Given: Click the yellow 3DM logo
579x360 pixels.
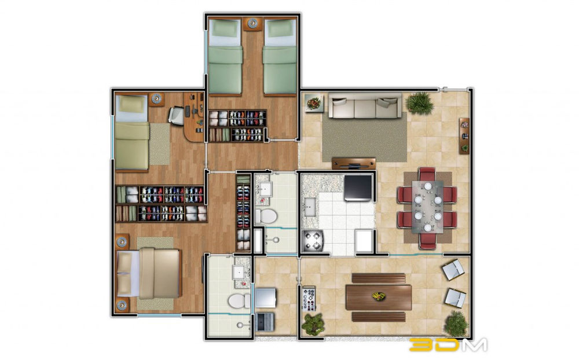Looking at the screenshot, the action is [448, 344].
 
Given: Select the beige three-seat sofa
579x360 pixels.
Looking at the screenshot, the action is [365, 105].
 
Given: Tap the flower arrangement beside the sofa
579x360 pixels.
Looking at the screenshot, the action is [314, 103].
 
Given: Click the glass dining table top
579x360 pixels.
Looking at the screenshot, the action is [428, 207].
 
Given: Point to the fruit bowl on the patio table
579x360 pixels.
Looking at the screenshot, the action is [379, 296].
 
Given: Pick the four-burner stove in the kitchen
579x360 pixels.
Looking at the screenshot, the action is [313, 241].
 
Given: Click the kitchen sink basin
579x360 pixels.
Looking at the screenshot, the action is [309, 207].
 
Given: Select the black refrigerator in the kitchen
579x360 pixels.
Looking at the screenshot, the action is [358, 188].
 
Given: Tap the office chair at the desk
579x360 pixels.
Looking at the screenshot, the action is [176, 114].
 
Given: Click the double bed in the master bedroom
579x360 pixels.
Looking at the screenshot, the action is [148, 274].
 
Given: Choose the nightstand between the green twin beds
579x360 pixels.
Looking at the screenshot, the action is [252, 24].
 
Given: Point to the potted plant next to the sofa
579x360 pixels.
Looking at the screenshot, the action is [419, 102].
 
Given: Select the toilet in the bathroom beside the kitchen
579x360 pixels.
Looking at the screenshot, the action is [266, 216].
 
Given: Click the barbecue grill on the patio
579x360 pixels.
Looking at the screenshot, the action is [309, 298].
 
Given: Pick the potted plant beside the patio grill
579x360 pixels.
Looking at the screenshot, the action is [313, 324].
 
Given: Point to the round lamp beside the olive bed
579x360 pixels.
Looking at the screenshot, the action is [156, 98].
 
